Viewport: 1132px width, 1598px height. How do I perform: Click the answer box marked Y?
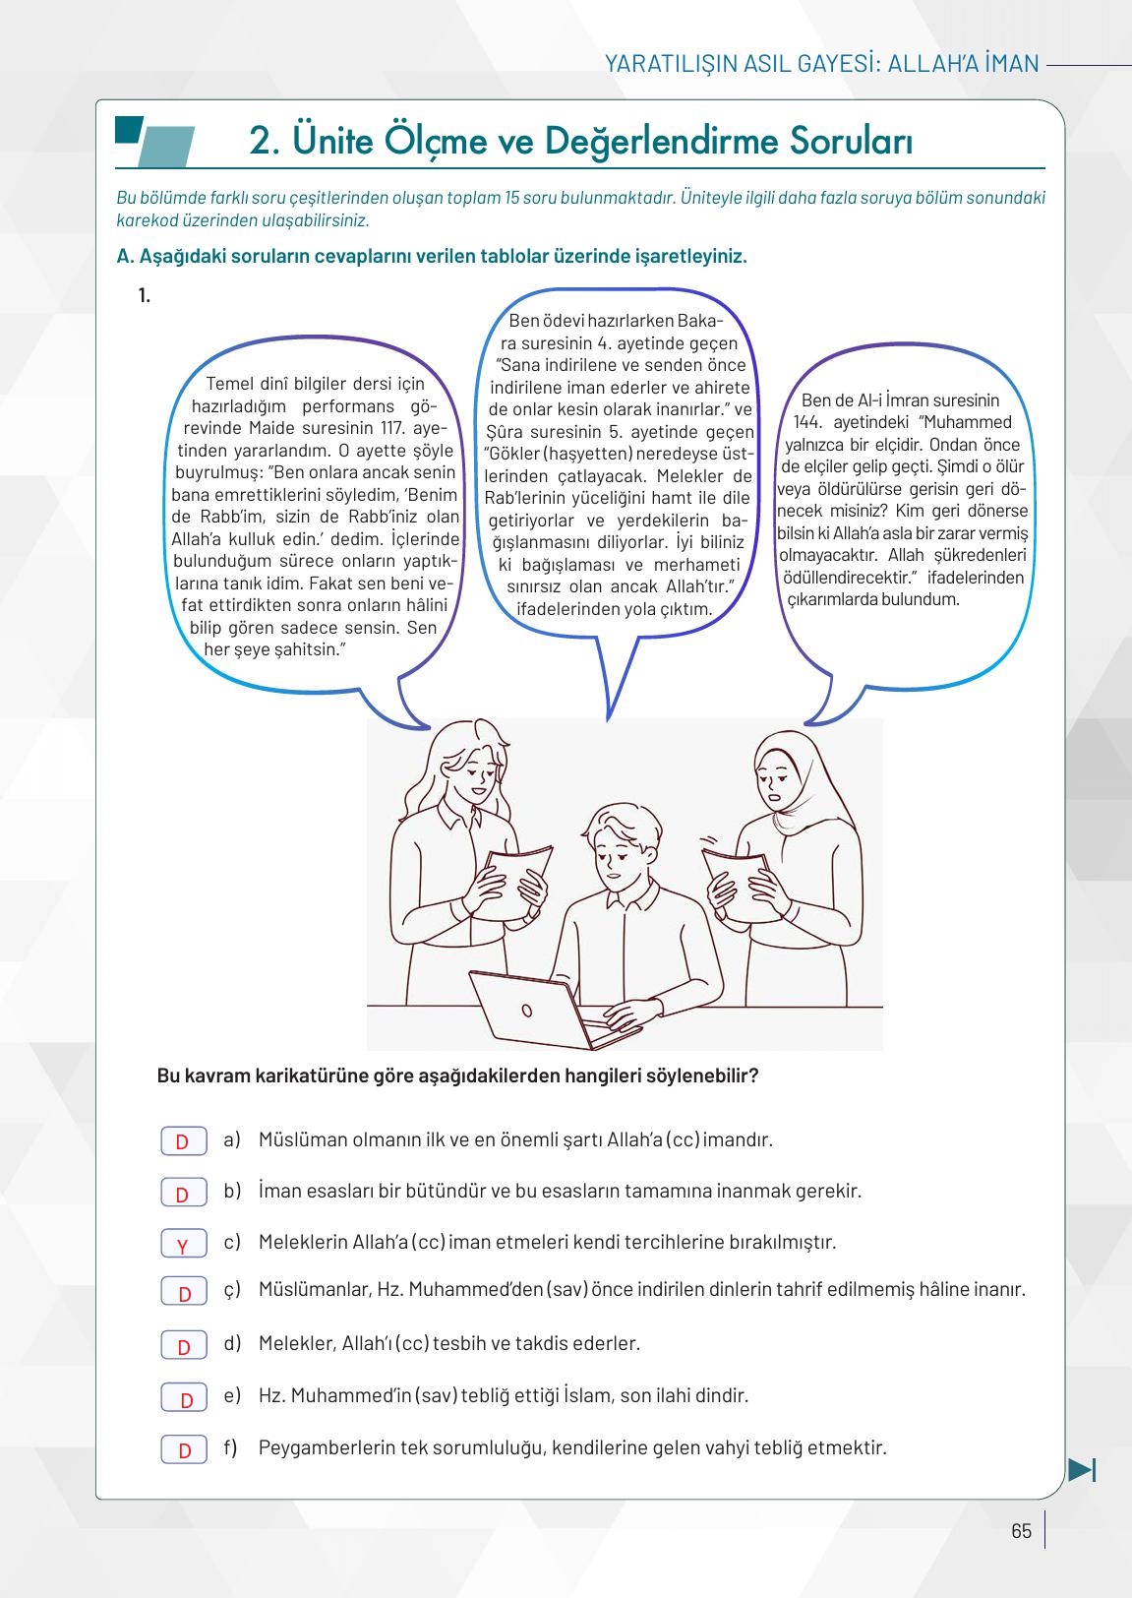pyautogui.click(x=183, y=1243)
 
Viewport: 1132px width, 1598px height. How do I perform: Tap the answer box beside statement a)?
pyautogui.click(x=183, y=1140)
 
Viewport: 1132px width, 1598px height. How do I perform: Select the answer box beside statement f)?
pyautogui.click(x=183, y=1448)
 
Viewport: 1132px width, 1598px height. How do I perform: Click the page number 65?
pyautogui.click(x=1021, y=1531)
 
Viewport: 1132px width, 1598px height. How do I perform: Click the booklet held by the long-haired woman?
pyautogui.click(x=515, y=881)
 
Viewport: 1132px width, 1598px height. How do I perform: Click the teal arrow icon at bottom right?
pyautogui.click(x=1082, y=1470)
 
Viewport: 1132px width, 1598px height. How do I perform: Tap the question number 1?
pyautogui.click(x=145, y=295)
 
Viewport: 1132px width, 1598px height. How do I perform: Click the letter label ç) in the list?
pyautogui.click(x=231, y=1289)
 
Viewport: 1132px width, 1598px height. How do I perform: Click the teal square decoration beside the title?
pyautogui.click(x=129, y=130)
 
